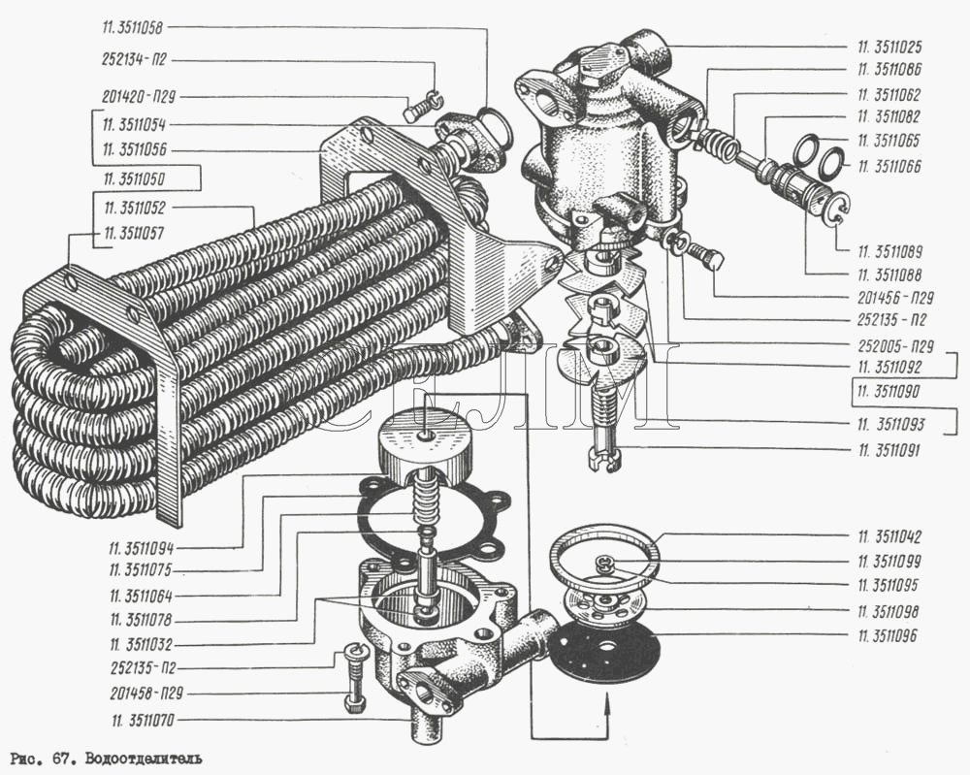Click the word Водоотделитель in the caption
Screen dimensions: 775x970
coord(145,757)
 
